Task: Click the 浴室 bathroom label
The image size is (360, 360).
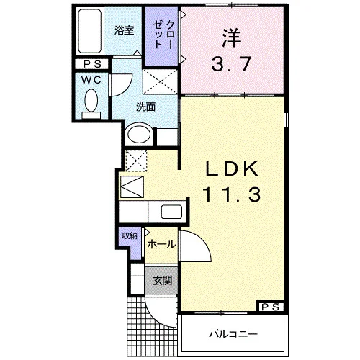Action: tap(124, 31)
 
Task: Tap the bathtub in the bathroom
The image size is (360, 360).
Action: tap(89, 31)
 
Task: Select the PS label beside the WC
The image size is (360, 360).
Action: tap(92, 64)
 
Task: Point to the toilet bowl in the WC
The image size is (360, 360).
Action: tap(91, 100)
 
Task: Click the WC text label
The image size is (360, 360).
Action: tap(91, 80)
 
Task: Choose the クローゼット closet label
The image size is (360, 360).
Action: tap(163, 35)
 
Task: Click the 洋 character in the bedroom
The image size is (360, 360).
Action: tap(231, 38)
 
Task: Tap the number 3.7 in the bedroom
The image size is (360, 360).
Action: tap(231, 64)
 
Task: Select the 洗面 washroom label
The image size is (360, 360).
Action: tap(145, 107)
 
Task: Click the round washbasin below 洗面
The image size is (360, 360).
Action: tap(139, 134)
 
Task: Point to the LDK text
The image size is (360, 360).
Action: tap(232, 169)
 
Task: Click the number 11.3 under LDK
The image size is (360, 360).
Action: tap(232, 194)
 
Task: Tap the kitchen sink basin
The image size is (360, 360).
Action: tap(171, 212)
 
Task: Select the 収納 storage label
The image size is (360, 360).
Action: tap(130, 236)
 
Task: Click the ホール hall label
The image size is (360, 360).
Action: tap(162, 245)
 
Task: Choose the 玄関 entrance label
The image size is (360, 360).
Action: tap(163, 280)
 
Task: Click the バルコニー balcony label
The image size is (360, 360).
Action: tap(233, 334)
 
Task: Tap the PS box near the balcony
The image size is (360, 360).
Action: tap(270, 307)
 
